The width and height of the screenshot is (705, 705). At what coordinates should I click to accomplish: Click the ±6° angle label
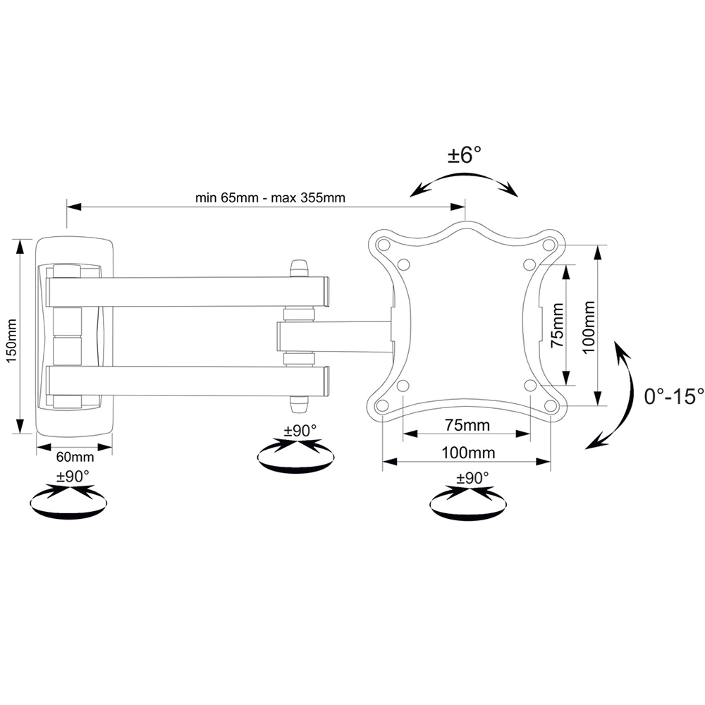click(x=465, y=155)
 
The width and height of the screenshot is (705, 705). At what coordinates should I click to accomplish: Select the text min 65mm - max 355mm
click(x=270, y=198)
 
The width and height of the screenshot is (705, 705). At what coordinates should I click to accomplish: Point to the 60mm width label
click(x=75, y=458)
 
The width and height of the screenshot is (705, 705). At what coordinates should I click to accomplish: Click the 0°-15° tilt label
click(x=674, y=396)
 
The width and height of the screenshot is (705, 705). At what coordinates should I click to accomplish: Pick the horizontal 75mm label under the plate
click(x=467, y=425)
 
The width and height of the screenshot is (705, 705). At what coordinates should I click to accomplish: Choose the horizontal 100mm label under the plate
click(x=468, y=453)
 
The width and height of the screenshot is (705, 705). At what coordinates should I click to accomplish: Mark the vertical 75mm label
click(x=558, y=324)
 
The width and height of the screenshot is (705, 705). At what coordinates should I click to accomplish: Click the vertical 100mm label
click(x=589, y=327)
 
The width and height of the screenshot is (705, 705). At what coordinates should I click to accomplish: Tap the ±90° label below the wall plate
click(x=73, y=476)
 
